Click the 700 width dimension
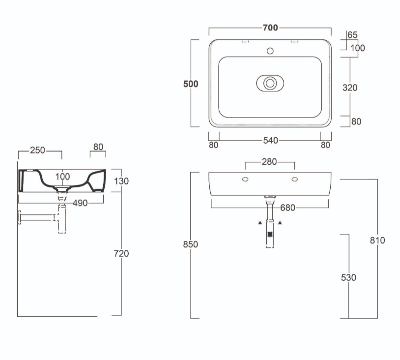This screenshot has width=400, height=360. pos(270,28)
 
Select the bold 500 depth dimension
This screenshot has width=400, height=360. pos(191,84)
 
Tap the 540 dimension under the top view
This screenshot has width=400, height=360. pos(270,141)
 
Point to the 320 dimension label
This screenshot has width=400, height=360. pos(349,88)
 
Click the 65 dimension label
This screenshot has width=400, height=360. pos(352,35)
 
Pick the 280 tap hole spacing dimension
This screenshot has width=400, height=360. pos(270,161)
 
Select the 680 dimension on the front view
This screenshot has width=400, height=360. pos(287,208)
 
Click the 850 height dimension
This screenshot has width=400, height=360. pos(191,245)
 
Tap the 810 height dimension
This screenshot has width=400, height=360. pos(377,240)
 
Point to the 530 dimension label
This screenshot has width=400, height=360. pos(348,278)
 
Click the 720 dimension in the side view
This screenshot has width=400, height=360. pos(121,253)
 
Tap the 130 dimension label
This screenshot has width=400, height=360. pos(121,181)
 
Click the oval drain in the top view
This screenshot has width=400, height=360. pos(270,83)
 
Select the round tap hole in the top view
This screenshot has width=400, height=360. pos(269,50)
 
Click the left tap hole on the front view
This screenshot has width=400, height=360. pos(245,179)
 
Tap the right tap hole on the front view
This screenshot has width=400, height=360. pos(294,179)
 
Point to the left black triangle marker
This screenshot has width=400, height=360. pos(260,223)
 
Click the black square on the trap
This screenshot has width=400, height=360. pos(269,235)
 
